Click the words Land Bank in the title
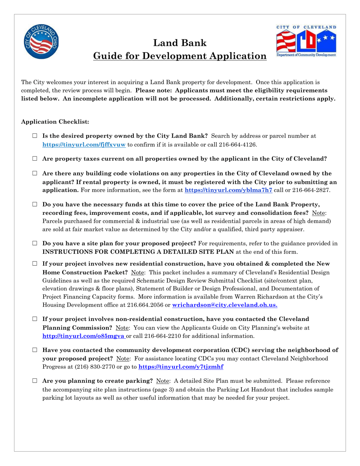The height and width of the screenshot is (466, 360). click(180, 43)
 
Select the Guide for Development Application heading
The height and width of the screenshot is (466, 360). click(180, 56)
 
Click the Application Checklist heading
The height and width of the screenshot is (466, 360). click(55, 122)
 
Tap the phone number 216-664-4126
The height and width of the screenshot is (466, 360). click(243, 144)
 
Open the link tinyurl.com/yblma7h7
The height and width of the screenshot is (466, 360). click(228, 190)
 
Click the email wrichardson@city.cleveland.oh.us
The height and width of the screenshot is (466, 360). click(225, 305)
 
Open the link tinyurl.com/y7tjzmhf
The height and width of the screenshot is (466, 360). click(181, 367)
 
